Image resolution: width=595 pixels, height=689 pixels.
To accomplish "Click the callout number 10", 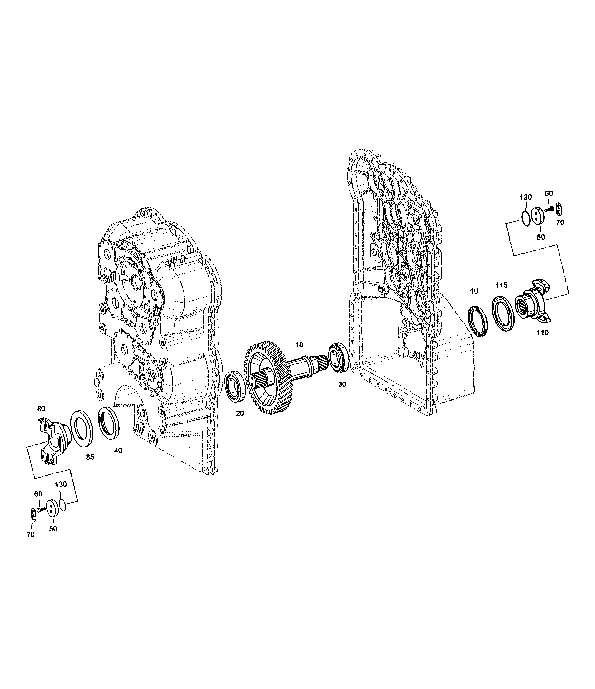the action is click(x=299, y=345).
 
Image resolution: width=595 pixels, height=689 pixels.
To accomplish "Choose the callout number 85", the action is click(x=90, y=457).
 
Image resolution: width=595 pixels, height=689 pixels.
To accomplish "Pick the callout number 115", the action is click(x=502, y=285).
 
